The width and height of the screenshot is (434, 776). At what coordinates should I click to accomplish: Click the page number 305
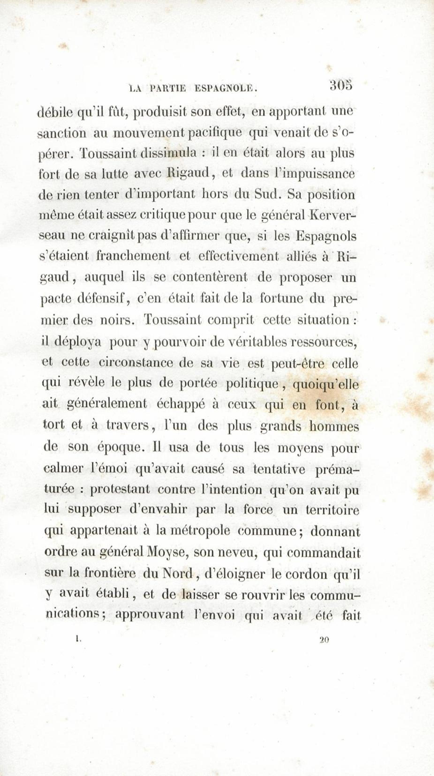(341, 85)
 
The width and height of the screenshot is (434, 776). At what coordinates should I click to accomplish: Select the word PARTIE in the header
(169, 88)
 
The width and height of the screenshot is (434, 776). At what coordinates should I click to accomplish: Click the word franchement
(133, 256)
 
